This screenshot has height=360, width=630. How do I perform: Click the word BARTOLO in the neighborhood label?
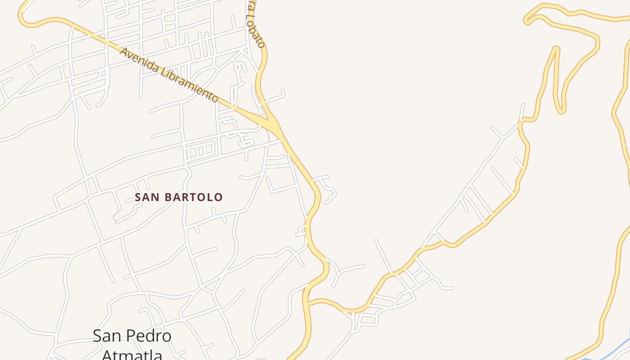pyautogui.click(x=196, y=197)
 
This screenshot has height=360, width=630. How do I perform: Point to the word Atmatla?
pyautogui.click(x=132, y=355)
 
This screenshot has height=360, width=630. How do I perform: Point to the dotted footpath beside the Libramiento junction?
pyautogui.click(x=269, y=135)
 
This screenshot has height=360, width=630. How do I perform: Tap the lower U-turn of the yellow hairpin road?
pyautogui.click(x=561, y=110)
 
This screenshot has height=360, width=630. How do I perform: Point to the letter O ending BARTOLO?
pyautogui.click(x=218, y=197)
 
